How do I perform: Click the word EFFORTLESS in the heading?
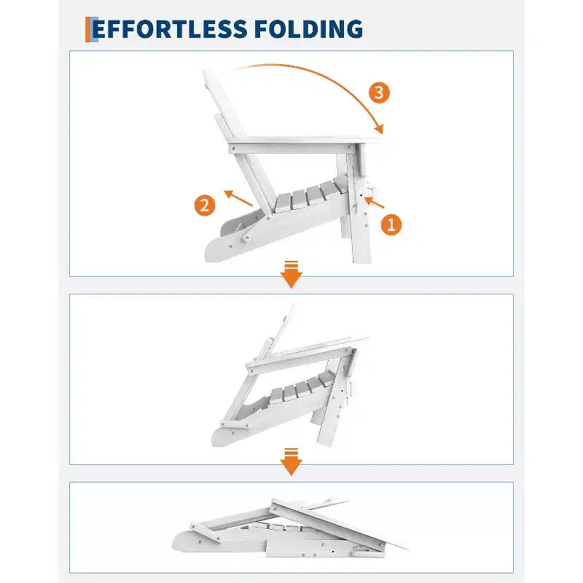tap(170, 29)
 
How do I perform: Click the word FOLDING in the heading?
tap(309, 29)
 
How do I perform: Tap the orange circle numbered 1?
tap(391, 224)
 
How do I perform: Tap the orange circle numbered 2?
tap(205, 206)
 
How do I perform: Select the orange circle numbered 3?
tap(379, 93)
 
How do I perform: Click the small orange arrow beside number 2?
tap(238, 198)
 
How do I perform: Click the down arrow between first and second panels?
tap(291, 275)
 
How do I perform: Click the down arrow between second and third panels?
tap(291, 462)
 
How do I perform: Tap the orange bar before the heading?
tap(88, 29)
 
